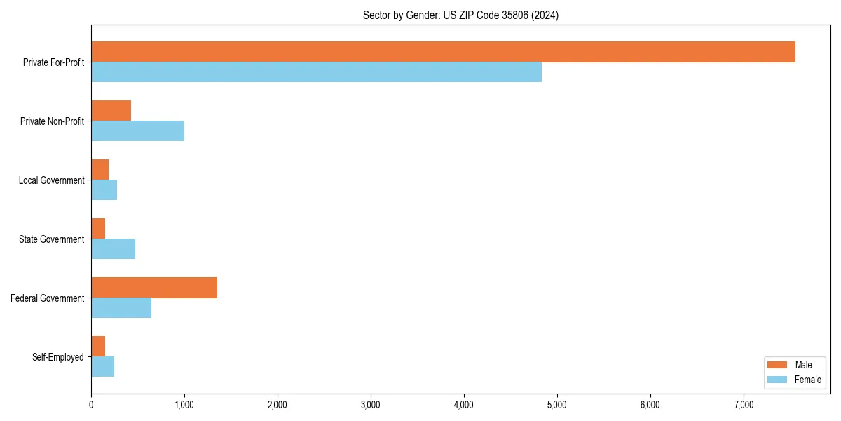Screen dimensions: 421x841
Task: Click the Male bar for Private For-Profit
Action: [x=443, y=52]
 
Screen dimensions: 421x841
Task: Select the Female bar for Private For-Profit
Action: [x=316, y=72]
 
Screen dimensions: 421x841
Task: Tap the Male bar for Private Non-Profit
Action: [x=111, y=111]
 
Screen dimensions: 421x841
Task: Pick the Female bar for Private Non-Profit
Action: [x=137, y=131]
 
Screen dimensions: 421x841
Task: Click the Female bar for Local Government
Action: [x=104, y=190]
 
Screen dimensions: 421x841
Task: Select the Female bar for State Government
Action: [x=113, y=249]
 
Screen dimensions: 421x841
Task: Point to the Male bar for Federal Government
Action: [x=154, y=288]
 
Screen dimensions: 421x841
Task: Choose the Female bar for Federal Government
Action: [x=121, y=308]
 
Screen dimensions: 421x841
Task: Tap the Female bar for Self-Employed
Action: [x=102, y=367]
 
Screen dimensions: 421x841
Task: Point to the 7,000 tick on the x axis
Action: [x=743, y=404]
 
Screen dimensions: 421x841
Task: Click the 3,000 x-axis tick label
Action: [x=370, y=404]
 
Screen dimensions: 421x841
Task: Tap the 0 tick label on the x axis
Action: [x=91, y=404]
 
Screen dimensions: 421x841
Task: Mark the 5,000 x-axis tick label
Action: [x=556, y=404]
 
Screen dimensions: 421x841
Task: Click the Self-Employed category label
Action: [x=58, y=357]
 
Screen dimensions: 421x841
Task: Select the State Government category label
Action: [x=52, y=239]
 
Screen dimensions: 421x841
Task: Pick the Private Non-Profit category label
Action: [x=52, y=121]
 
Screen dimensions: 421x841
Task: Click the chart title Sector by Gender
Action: [x=460, y=15]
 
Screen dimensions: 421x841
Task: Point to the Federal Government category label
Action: [x=48, y=298]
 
